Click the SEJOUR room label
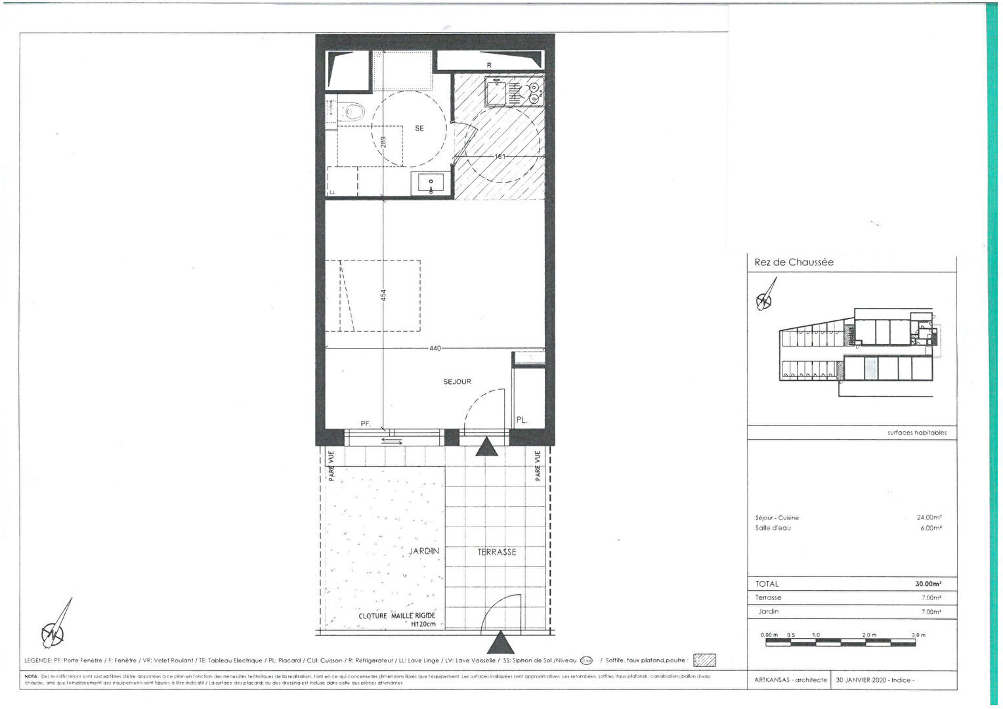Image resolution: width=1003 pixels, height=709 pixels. (457, 381)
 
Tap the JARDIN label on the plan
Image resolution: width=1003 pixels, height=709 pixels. (424, 551)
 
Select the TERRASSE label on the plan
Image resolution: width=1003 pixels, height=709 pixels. (497, 552)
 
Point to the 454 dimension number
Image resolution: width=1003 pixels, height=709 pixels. (384, 296)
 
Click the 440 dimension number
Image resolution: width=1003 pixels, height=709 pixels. (435, 348)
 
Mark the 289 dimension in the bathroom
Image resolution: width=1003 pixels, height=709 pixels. (384, 141)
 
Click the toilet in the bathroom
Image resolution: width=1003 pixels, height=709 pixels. (352, 112)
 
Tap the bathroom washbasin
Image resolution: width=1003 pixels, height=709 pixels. (431, 184)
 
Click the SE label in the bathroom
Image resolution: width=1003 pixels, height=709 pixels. (419, 129)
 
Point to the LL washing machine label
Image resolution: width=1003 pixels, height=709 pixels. (332, 192)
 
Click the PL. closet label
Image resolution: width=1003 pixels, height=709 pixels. (522, 420)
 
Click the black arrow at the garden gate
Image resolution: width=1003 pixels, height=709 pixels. (501, 642)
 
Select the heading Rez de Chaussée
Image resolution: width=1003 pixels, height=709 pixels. (794, 263)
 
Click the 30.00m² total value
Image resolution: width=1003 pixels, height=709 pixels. (928, 584)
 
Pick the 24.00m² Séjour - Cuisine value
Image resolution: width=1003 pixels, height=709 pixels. (929, 517)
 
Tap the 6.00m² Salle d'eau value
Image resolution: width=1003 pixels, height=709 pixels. (931, 528)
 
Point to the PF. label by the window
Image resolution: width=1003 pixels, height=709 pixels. (366, 424)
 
